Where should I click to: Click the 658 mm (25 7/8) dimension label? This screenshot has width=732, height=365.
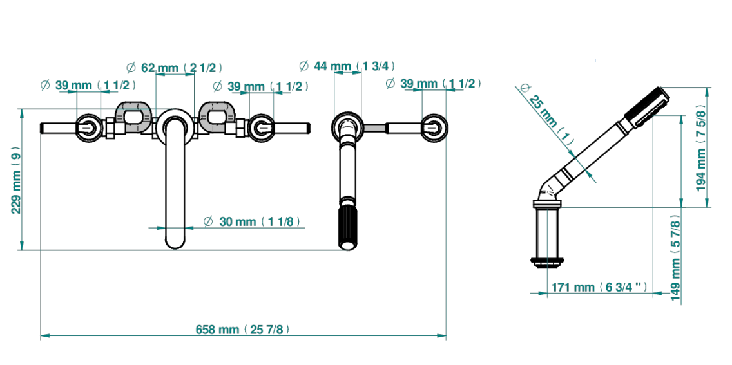coord(243,330)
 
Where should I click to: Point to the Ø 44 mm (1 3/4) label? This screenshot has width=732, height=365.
coord(345,66)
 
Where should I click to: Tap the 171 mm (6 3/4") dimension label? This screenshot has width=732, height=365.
coord(600,287)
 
